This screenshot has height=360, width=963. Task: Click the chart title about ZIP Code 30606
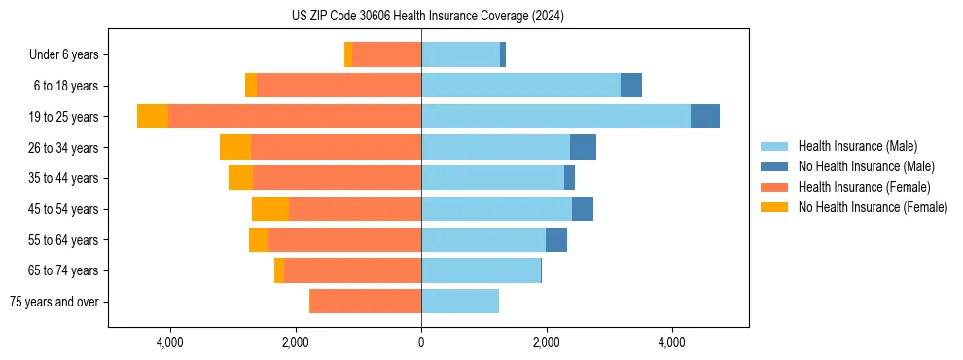pos(427,17)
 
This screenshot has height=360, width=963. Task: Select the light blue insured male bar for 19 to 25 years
pos(555,117)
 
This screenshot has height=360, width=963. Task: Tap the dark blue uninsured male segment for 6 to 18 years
pos(631,86)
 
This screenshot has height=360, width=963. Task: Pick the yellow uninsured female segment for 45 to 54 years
pos(270,209)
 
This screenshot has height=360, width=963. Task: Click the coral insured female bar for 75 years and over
pos(365,302)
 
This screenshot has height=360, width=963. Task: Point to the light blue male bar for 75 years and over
pos(460,302)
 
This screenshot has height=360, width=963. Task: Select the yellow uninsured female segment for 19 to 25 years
pos(153,117)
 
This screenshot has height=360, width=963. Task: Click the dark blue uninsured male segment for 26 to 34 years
pos(583,148)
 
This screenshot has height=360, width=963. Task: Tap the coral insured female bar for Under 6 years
pos(386,55)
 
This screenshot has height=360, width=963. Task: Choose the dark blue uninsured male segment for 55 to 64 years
pos(556,240)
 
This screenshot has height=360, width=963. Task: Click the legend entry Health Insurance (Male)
pos(857,146)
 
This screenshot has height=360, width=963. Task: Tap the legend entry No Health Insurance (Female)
pos(873,207)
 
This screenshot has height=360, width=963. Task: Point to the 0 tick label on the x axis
pos(421,342)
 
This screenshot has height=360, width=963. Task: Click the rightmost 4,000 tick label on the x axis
pos(672,342)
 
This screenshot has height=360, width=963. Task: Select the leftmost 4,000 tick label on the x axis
pos(170,342)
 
